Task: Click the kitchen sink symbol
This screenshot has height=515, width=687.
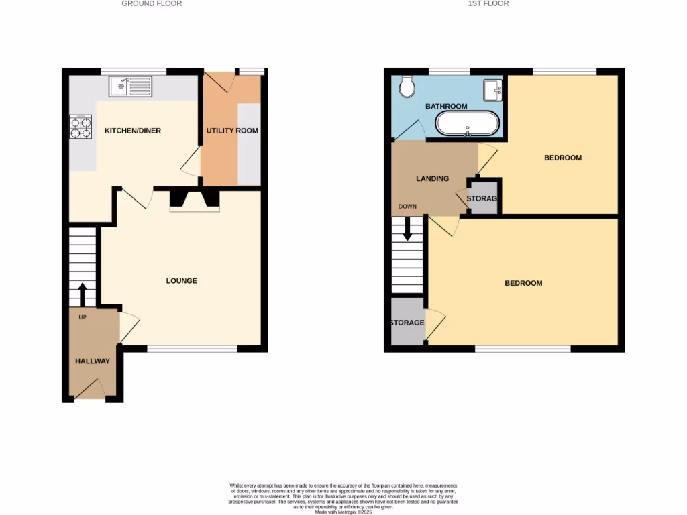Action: coord(131,87)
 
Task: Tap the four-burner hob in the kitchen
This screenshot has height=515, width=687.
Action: coord(81,127)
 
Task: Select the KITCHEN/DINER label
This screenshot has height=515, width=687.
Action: coord(133,131)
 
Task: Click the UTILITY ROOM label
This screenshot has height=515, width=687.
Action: coord(232,131)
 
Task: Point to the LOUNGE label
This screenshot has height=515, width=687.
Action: coord(182,281)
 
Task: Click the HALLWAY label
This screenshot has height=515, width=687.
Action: coord(93,361)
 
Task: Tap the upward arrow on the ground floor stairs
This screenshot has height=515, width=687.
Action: coord(83,293)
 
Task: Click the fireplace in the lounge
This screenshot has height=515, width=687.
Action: coord(195,200)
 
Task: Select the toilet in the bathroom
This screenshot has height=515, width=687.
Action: coord(407,86)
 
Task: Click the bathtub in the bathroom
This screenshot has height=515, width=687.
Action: coord(468,124)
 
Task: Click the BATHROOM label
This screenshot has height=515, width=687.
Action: coord(446,107)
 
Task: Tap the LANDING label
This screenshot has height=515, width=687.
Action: coord(433,179)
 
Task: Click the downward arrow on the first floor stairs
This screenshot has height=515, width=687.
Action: coord(407,229)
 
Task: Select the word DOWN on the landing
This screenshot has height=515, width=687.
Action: coord(407,207)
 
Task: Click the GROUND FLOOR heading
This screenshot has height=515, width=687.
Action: coord(152,3)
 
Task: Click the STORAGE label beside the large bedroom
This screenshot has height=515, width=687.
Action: coord(407,323)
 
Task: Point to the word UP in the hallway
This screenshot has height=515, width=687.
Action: coord(83,317)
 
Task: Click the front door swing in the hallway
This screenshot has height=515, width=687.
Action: coord(94,388)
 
